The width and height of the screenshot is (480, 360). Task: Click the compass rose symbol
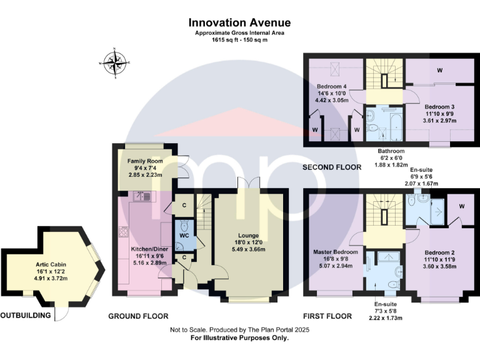(x=116, y=62)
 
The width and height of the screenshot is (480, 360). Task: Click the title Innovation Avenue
(x=239, y=23)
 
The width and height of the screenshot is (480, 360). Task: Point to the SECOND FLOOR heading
(x=332, y=167)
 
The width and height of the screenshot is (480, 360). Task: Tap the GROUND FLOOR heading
(x=138, y=316)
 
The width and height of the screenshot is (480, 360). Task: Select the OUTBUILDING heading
(x=26, y=316)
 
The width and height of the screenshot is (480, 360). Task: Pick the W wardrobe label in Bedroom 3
(x=440, y=70)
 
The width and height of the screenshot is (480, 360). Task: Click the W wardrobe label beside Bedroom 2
(x=461, y=206)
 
